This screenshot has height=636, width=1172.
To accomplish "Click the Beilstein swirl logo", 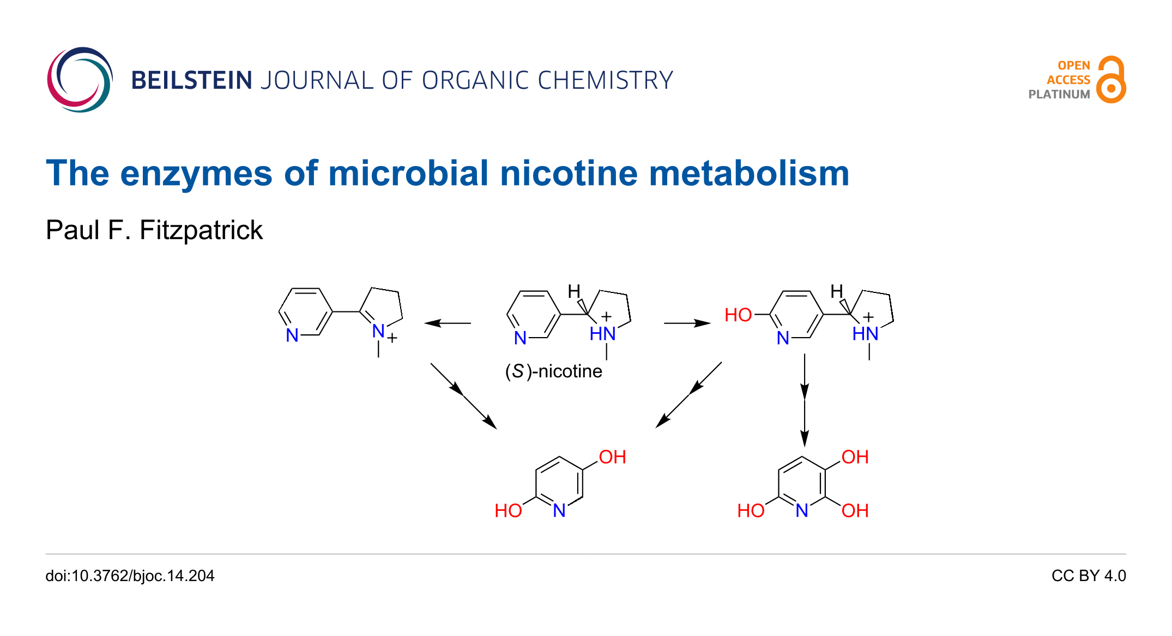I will [x=80, y=79].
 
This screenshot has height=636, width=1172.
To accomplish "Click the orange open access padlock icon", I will [x=1111, y=80].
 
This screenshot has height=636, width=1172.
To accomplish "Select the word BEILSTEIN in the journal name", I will [x=191, y=81].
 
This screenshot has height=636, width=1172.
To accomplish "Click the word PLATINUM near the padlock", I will [x=1059, y=94].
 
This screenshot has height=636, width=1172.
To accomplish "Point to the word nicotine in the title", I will [x=569, y=174].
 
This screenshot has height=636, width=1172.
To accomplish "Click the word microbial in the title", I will [x=408, y=174].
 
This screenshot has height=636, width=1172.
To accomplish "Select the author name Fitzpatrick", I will [x=201, y=230].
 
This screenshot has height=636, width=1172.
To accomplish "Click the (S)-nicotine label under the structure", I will [x=553, y=371].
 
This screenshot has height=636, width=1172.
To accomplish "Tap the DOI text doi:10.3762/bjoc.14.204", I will [x=130, y=576].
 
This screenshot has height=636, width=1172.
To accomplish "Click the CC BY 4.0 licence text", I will [x=1088, y=576].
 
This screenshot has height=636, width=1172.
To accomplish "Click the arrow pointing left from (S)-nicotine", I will [x=448, y=323].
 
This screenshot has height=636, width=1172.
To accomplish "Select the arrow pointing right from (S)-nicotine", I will [x=687, y=323].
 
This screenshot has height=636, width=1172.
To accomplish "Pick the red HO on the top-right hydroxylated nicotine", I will [x=738, y=315].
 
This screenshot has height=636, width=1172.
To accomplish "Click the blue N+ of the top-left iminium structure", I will [x=379, y=331].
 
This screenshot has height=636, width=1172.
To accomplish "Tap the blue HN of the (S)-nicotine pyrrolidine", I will [x=602, y=334].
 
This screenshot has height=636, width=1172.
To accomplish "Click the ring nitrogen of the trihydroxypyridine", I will [x=801, y=511].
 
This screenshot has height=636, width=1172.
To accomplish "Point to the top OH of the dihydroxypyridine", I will [x=612, y=457].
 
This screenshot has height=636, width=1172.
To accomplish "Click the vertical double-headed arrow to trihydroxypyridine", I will [x=805, y=400].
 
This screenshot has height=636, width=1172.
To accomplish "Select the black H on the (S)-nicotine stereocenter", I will [x=574, y=291].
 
